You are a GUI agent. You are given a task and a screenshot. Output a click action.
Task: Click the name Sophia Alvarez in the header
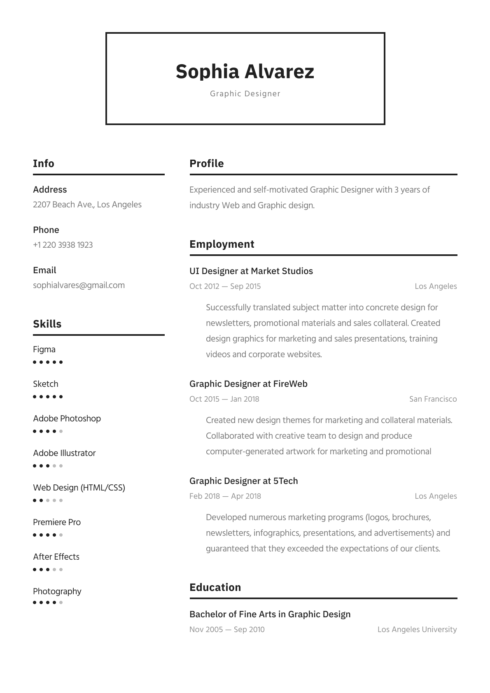[x=245, y=72]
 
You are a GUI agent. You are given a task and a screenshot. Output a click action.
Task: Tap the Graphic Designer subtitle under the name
[x=245, y=94]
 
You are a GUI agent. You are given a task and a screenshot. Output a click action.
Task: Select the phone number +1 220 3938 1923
[x=63, y=245]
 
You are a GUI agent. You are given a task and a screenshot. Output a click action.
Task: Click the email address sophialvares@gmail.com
[x=79, y=285]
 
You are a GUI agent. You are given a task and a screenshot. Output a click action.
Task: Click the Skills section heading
[x=47, y=324]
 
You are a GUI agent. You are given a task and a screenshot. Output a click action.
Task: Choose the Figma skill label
[x=44, y=349]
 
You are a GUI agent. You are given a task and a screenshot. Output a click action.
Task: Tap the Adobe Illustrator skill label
[x=64, y=453]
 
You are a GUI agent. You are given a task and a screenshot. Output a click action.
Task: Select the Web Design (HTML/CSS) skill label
[x=79, y=488]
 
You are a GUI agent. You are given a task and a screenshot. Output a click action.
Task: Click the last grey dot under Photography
[x=61, y=602]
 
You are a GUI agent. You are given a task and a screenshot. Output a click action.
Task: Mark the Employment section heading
[x=222, y=244]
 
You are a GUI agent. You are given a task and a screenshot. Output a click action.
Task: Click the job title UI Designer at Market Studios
[x=251, y=271]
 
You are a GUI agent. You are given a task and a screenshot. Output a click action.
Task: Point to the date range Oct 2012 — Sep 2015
[x=225, y=286]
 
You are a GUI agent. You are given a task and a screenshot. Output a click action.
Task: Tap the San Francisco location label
[x=433, y=399]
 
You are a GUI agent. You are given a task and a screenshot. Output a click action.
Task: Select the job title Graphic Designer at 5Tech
[x=243, y=481]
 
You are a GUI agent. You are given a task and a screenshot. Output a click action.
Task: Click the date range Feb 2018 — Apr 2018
[x=225, y=496]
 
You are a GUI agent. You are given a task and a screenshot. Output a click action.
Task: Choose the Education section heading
[x=215, y=587]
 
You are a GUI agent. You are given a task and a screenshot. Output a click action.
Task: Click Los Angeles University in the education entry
[x=417, y=630]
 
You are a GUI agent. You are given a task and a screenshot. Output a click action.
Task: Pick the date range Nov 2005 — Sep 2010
[x=227, y=630]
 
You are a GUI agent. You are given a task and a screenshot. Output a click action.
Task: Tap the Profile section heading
[x=206, y=163]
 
